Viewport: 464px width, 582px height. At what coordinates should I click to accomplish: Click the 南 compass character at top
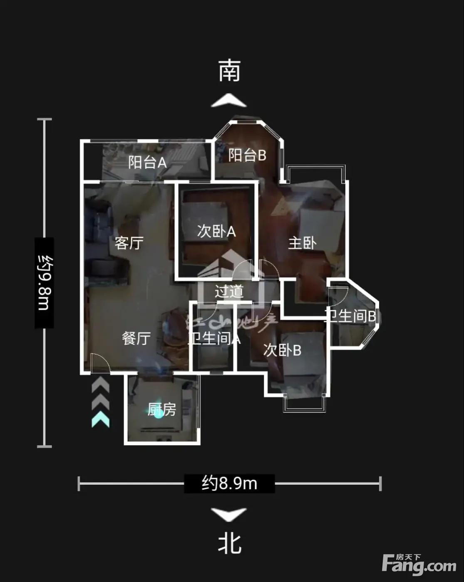pos(230,70)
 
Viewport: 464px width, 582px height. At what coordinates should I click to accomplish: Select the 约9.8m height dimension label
pos(44,283)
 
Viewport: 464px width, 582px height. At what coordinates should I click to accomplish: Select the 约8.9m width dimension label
pos(229,483)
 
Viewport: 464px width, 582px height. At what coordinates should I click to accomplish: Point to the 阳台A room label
pos(147,162)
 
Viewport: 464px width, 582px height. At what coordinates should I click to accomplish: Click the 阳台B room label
pos(247,155)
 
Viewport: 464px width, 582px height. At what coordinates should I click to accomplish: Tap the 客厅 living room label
pos(129,243)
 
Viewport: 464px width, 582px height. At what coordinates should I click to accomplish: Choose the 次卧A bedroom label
pos(216,231)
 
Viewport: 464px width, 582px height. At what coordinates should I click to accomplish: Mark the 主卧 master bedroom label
pos(302,243)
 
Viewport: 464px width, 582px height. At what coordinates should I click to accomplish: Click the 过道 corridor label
pos(229,291)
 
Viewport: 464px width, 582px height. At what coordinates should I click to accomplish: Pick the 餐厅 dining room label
pos(136,338)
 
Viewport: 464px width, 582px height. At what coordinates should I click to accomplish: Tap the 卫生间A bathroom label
pos(214,338)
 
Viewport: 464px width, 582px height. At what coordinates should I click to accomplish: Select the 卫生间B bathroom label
pos(350,316)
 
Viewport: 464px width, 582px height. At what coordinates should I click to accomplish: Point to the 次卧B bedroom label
pos(282,350)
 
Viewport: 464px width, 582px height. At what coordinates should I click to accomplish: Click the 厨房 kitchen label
pos(162,410)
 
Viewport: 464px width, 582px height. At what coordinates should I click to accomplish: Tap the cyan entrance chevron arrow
pos(101,420)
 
